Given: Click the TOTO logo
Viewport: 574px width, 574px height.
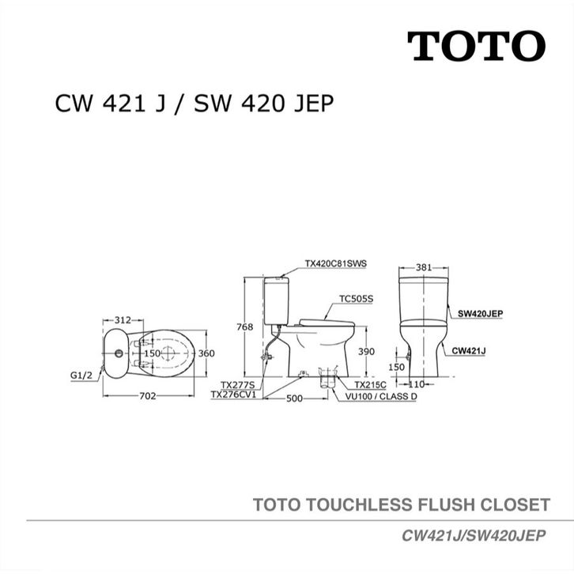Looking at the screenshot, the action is point(476,46).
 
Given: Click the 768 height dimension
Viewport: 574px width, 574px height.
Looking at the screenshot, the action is point(245,327).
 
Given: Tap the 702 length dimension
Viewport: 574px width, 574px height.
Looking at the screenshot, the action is point(148,396).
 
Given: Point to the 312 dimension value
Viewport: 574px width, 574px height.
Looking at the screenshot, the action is point(123,320).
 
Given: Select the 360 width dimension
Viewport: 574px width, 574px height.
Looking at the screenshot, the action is point(206,353).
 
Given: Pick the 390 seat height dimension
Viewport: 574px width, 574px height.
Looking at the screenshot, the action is point(366,351).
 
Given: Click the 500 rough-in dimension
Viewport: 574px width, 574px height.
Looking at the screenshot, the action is point(294,398).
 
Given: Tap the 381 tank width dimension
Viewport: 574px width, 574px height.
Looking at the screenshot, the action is point(424,267).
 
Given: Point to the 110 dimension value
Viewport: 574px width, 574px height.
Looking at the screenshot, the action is point(416,384).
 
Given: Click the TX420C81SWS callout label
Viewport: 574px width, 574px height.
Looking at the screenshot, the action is point(336,263).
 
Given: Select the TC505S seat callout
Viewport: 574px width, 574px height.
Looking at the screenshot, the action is point(357,299).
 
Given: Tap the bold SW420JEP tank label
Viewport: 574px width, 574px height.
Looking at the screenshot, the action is point(480,314).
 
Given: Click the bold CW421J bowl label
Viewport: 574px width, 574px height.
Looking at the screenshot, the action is point(469,351).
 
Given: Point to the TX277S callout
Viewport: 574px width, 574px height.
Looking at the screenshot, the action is point(236,385).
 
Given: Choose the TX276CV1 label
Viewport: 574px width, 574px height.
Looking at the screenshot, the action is point(233,395).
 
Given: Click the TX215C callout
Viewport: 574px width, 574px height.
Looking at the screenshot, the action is point(370,385).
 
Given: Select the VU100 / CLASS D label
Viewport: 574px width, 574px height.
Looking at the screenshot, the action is point(381,396).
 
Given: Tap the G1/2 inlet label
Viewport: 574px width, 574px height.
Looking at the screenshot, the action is point(81,376).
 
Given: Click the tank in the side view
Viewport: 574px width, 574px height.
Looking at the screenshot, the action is point(277,301).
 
